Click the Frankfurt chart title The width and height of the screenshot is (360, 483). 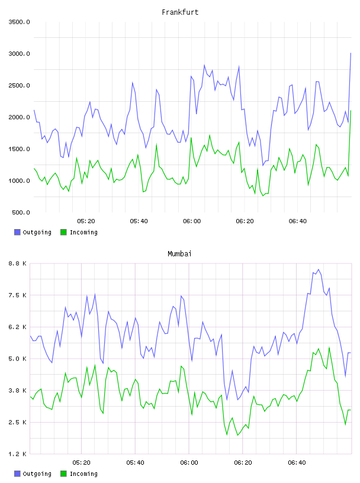(180, 12)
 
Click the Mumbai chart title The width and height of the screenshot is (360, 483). (179, 254)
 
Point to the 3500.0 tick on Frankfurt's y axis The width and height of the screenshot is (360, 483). (20, 22)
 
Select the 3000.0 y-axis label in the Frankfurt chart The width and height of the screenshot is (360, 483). (20, 54)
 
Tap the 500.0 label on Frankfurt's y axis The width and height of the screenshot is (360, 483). (21, 212)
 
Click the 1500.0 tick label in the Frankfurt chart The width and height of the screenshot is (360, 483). (20, 149)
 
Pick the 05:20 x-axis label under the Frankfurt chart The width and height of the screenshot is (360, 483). (86, 221)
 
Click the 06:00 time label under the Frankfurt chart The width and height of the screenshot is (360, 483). (192, 221)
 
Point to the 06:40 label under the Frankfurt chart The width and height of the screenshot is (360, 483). (298, 221)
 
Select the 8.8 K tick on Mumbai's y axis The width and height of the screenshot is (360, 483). (18, 263)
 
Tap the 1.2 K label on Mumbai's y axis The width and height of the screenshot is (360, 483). (18, 454)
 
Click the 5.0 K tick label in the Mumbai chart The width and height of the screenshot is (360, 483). (18, 359)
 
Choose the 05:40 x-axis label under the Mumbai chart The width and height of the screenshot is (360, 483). (136, 463)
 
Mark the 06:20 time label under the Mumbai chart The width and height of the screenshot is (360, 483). (243, 463)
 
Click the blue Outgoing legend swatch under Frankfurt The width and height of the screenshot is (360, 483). (17, 232)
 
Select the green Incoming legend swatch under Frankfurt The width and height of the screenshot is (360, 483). (63, 232)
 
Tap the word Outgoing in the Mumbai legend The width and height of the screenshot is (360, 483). (37, 474)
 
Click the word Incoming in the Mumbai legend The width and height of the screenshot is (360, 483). (83, 474)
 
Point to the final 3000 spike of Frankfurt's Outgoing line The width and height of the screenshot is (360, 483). (351, 53)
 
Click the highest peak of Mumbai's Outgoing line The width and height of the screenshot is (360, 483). (319, 269)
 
